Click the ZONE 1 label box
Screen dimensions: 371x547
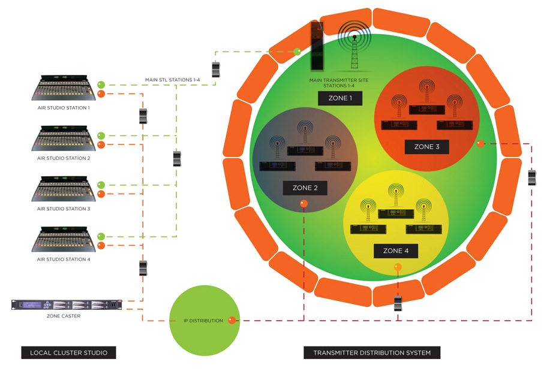(339, 98)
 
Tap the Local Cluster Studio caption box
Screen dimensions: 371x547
(68, 352)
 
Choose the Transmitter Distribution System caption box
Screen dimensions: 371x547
(372, 352)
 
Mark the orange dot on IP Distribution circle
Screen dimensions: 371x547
(232, 321)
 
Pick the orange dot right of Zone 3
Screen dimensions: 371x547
(480, 143)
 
